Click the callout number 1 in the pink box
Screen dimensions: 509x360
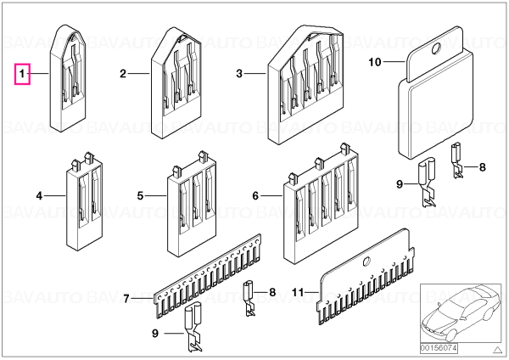tap(22, 74)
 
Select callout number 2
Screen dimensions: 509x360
tap(123, 73)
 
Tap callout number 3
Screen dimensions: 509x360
tap(239, 73)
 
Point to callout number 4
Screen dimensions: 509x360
tap(39, 196)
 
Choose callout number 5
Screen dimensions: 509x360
tap(140, 196)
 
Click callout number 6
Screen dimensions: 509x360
tap(255, 196)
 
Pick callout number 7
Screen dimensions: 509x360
tap(126, 298)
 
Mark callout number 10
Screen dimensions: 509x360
tap(375, 62)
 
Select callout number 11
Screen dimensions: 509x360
tap(298, 292)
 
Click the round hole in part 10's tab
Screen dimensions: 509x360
tap(435, 48)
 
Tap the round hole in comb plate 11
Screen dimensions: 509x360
tap(366, 262)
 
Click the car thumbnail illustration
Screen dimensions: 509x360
tap(461, 313)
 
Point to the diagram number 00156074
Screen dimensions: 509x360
tap(439, 348)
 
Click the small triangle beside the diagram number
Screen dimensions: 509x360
tap(497, 350)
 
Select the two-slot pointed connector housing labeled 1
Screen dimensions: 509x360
tap(68, 78)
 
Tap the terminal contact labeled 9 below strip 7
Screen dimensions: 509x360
tap(193, 327)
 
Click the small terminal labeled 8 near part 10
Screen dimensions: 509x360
tap(458, 160)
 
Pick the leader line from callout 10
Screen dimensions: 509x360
tap(394, 62)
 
